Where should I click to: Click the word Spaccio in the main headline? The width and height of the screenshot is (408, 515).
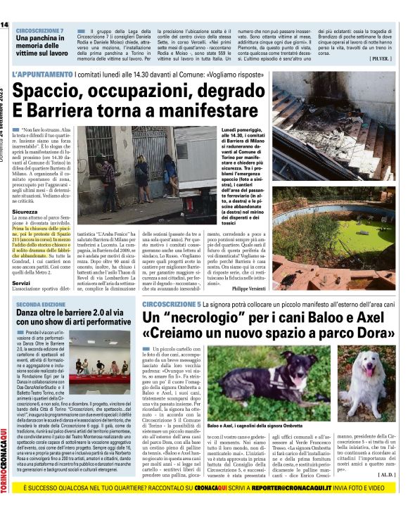click(x=56, y=91)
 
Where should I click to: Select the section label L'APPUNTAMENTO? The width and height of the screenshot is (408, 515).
click(x=42, y=74)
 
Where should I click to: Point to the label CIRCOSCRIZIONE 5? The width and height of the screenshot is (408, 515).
click(x=170, y=303)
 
